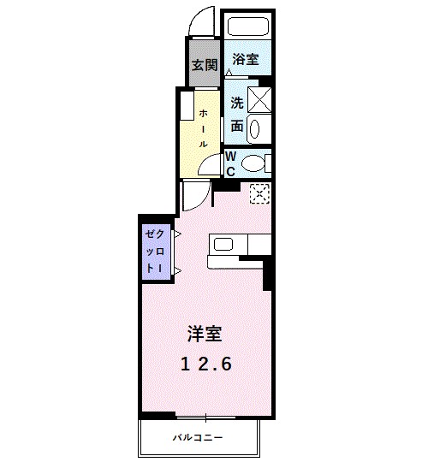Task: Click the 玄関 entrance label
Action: coord(204,64)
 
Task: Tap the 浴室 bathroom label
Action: coord(247,61)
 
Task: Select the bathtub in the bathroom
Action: coord(247,27)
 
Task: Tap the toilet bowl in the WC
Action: coord(254,162)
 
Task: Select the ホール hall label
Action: coord(204,128)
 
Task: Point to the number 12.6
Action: coord(206,364)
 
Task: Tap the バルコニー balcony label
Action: coord(198,438)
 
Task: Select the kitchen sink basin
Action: coord(224,245)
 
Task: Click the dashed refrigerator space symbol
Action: coord(259,193)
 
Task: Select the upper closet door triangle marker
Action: coord(176,233)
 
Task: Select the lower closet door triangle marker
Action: coord(176,270)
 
